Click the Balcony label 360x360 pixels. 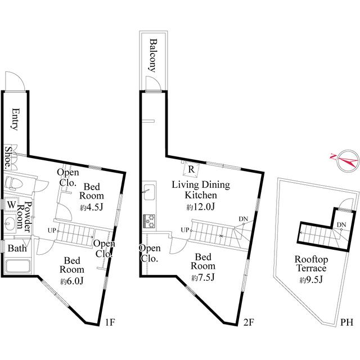point(153,56)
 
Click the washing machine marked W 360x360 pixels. point(11,204)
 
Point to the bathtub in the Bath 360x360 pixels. point(17,266)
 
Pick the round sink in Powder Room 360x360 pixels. point(10,223)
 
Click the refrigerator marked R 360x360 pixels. point(191,169)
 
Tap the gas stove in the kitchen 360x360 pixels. point(149,221)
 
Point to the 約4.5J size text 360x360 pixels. point(91,208)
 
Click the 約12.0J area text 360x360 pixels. point(200,207)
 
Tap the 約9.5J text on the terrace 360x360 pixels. point(311,280)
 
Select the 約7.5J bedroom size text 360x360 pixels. point(202,277)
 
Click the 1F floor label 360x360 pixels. point(110,322)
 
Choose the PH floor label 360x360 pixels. point(346,322)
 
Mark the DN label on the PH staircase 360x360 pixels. point(341,225)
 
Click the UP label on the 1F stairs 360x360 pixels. point(52,230)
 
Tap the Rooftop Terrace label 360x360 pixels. point(311,264)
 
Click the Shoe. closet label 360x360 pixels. point(8,158)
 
